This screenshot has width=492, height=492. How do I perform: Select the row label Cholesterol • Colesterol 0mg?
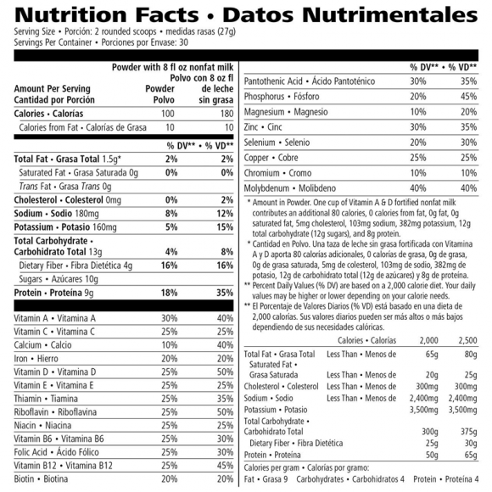(x=68, y=200)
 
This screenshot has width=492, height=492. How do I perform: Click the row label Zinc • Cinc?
(x=265, y=126)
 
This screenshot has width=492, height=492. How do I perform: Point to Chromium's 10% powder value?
(x=417, y=172)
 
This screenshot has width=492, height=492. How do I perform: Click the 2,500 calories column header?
(x=466, y=340)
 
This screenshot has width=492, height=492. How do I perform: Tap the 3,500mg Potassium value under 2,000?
(x=422, y=410)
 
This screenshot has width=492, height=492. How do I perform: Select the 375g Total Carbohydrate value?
(x=469, y=431)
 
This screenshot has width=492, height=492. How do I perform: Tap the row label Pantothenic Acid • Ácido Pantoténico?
(x=313, y=81)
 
